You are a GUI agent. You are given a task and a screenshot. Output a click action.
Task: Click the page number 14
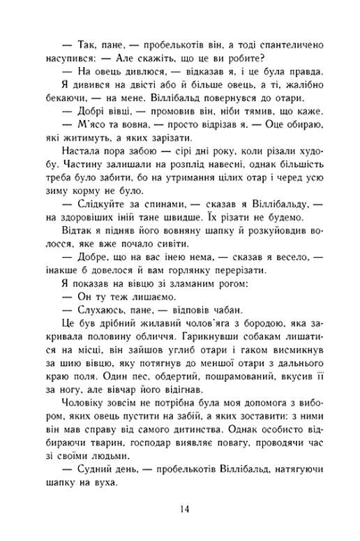183,508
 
